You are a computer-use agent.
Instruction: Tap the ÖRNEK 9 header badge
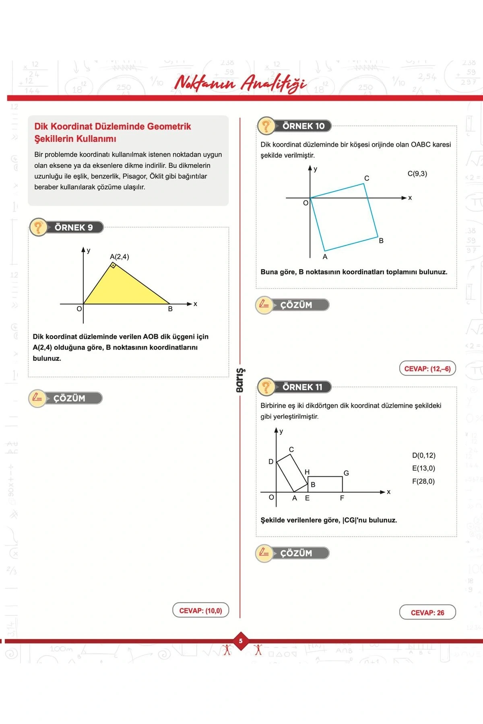(x=67, y=227)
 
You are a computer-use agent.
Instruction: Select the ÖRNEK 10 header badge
(x=295, y=126)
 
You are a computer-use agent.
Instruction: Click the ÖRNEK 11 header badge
(x=295, y=387)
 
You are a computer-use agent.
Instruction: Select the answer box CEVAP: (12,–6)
(x=427, y=368)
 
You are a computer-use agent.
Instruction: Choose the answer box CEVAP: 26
(x=427, y=613)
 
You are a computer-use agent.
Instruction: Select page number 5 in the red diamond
(x=241, y=641)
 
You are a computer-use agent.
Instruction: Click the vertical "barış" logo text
(x=240, y=380)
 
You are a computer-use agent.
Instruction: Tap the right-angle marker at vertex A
(x=114, y=265)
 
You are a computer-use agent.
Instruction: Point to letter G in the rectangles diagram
(x=346, y=473)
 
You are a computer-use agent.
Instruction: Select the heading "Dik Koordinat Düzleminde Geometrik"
(x=113, y=126)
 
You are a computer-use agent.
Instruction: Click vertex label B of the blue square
(x=381, y=241)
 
